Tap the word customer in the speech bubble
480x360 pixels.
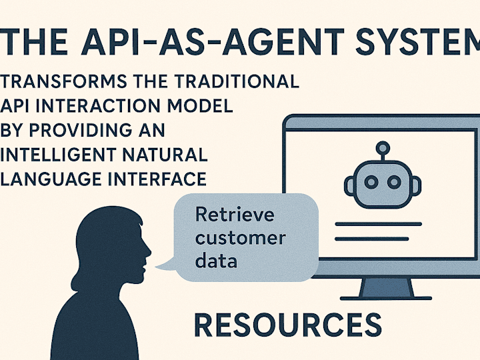click(x=241, y=238)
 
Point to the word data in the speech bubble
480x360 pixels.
click(x=216, y=261)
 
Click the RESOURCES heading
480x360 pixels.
click(x=288, y=325)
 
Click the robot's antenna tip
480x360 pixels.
click(x=381, y=147)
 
